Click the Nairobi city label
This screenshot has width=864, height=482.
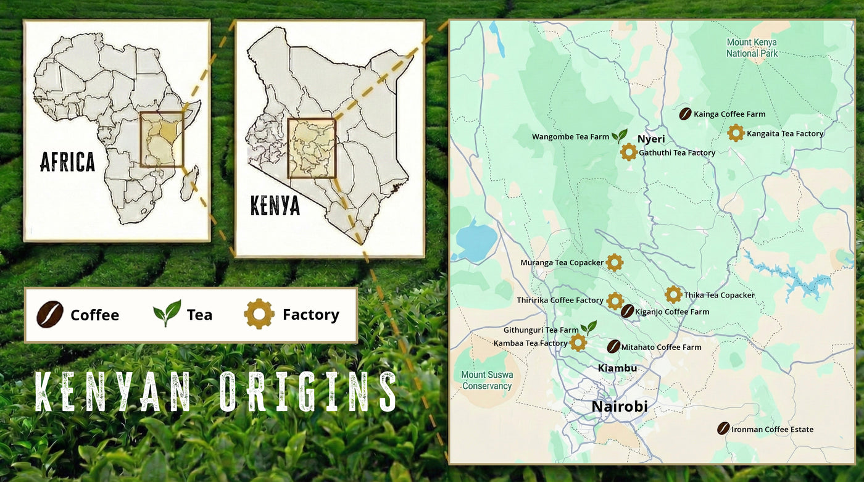(x=620, y=407)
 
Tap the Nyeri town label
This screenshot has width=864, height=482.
(x=651, y=139)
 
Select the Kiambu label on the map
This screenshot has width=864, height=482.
(x=617, y=368)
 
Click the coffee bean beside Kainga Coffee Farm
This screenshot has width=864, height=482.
(x=685, y=114)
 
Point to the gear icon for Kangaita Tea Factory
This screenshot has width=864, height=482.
(x=735, y=133)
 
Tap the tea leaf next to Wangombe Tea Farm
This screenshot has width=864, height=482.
(x=620, y=136)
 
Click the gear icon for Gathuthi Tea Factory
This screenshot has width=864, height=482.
(x=628, y=152)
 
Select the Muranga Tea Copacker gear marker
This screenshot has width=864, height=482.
(x=614, y=262)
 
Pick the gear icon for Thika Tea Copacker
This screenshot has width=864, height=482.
(x=673, y=294)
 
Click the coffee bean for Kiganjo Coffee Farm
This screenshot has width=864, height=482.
(x=627, y=311)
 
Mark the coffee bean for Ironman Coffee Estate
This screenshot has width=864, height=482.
(x=723, y=428)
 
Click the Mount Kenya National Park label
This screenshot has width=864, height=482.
(x=752, y=48)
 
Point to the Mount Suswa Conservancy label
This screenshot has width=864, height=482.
(x=487, y=380)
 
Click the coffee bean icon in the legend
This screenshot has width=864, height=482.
(x=50, y=314)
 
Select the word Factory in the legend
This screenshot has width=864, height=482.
(x=310, y=315)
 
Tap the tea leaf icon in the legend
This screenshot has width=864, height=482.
(x=167, y=314)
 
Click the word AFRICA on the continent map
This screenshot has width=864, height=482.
(x=68, y=162)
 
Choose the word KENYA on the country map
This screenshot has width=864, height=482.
(x=275, y=206)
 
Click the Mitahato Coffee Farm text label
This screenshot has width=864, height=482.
(x=661, y=347)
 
